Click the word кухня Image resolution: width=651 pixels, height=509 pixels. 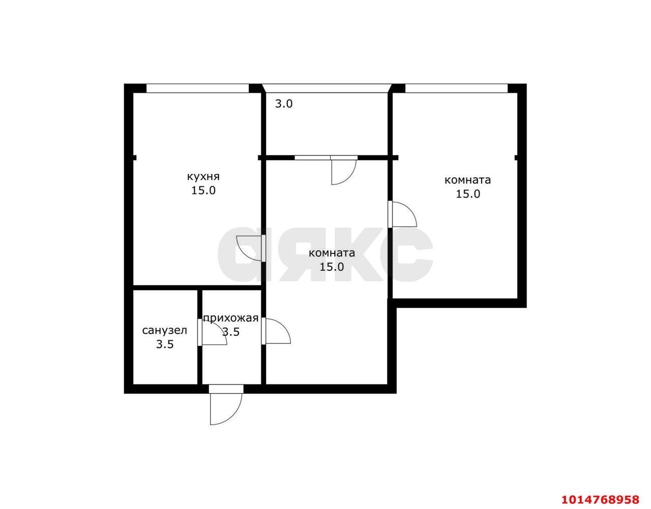coord(203,177)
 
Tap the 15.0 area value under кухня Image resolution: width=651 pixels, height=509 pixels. coord(203,190)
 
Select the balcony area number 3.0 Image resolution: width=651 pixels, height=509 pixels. coord(284,104)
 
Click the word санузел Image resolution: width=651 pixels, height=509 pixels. coord(164,331)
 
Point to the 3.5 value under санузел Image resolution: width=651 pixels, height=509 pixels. coord(165,344)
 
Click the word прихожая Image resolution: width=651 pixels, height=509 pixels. coord(231,319)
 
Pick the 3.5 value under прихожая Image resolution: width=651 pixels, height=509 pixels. coord(231,332)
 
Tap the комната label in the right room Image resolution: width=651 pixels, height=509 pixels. coord(468,180)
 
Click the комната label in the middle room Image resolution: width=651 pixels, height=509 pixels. coord(332,253)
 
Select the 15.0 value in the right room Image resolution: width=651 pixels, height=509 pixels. coord(468,194)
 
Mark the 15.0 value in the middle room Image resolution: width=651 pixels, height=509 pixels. coord(332,267)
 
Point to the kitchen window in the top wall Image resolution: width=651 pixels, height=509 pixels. coord(197,88)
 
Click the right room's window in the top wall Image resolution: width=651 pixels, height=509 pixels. coord(456,88)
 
